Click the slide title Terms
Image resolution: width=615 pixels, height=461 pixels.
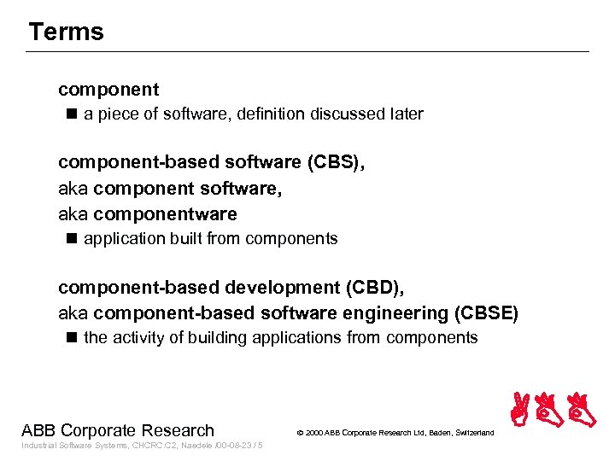[x=66, y=32]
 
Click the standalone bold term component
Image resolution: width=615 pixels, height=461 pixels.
[x=108, y=89]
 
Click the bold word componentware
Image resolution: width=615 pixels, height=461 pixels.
[x=165, y=213]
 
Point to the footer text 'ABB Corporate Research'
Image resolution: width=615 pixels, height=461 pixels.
[x=118, y=430]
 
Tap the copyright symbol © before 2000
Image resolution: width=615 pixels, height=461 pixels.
[x=300, y=433]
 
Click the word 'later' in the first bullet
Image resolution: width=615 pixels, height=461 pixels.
[x=404, y=114]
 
